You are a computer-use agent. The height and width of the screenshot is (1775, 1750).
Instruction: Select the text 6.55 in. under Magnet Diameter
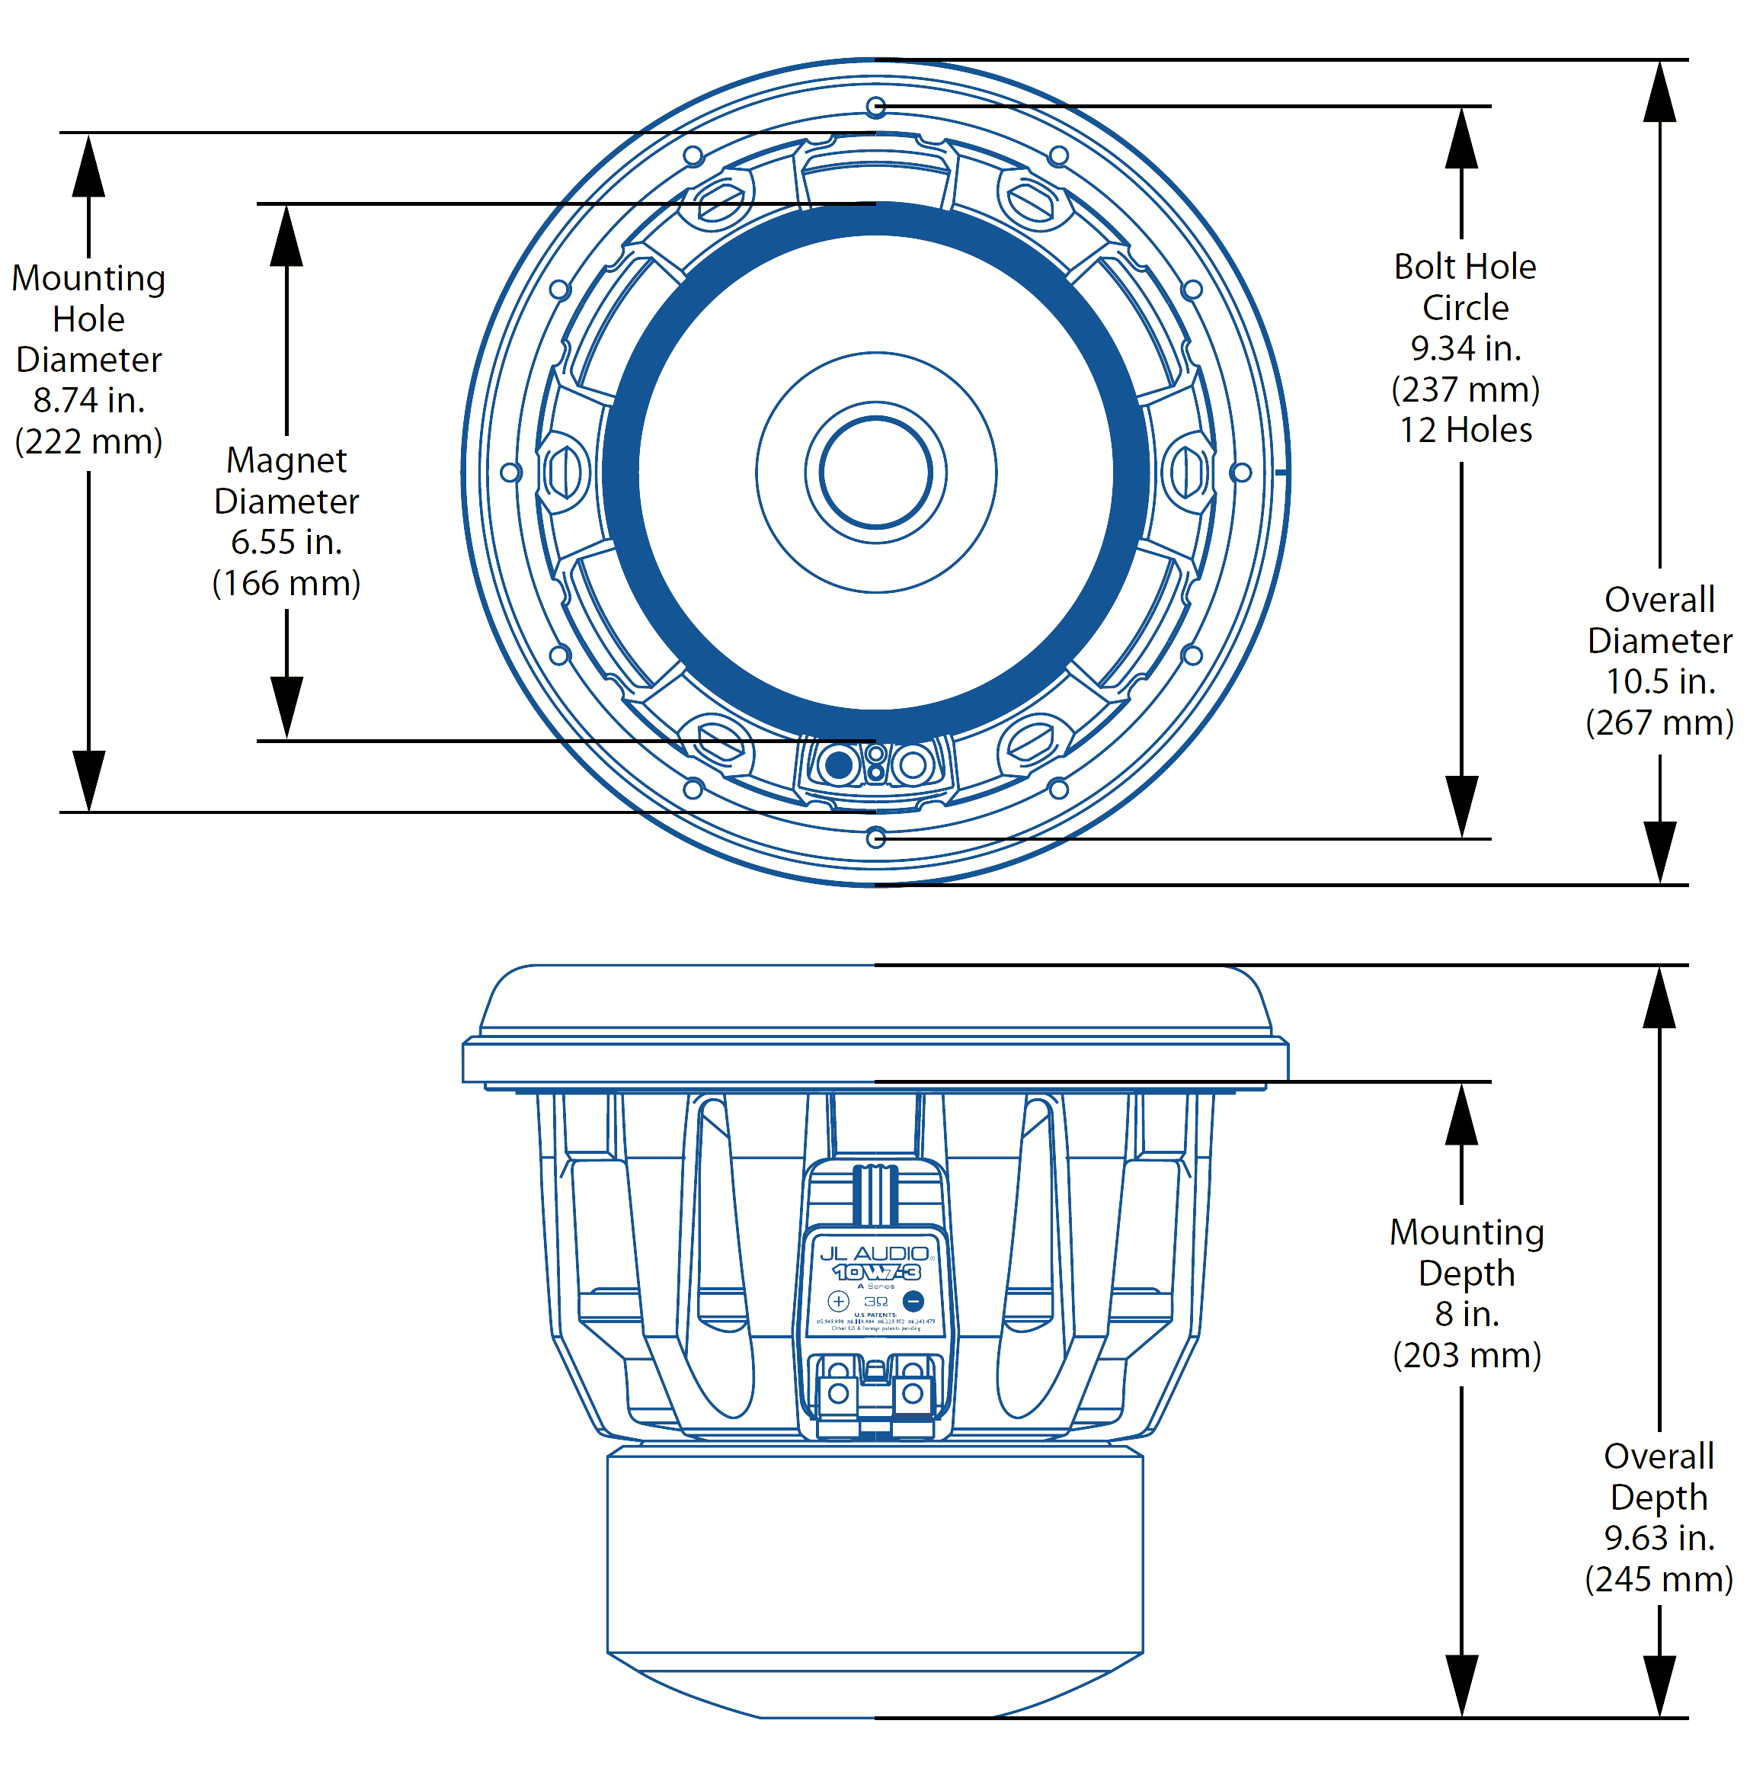tap(286, 542)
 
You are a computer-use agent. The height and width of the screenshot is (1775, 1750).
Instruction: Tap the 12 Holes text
tap(1464, 430)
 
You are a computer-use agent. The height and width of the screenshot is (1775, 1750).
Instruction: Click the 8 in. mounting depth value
tap(1466, 1314)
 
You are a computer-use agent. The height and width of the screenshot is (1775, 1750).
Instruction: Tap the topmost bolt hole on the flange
tap(875, 107)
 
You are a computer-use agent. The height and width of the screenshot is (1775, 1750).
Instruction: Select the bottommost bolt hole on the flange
tap(875, 837)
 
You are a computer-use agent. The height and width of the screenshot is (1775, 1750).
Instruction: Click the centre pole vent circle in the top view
tap(875, 473)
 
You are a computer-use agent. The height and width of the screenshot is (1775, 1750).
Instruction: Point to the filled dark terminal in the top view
tap(838, 764)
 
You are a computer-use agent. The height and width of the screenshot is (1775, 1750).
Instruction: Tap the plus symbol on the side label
tap(838, 1301)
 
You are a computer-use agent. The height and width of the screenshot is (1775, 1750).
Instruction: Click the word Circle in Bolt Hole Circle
tap(1464, 308)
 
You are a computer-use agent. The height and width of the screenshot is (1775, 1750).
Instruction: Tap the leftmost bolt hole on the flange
tap(510, 473)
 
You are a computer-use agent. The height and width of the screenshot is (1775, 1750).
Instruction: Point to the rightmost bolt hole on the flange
tap(1240, 473)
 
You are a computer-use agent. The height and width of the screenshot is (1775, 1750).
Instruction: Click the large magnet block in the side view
tap(875, 1552)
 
